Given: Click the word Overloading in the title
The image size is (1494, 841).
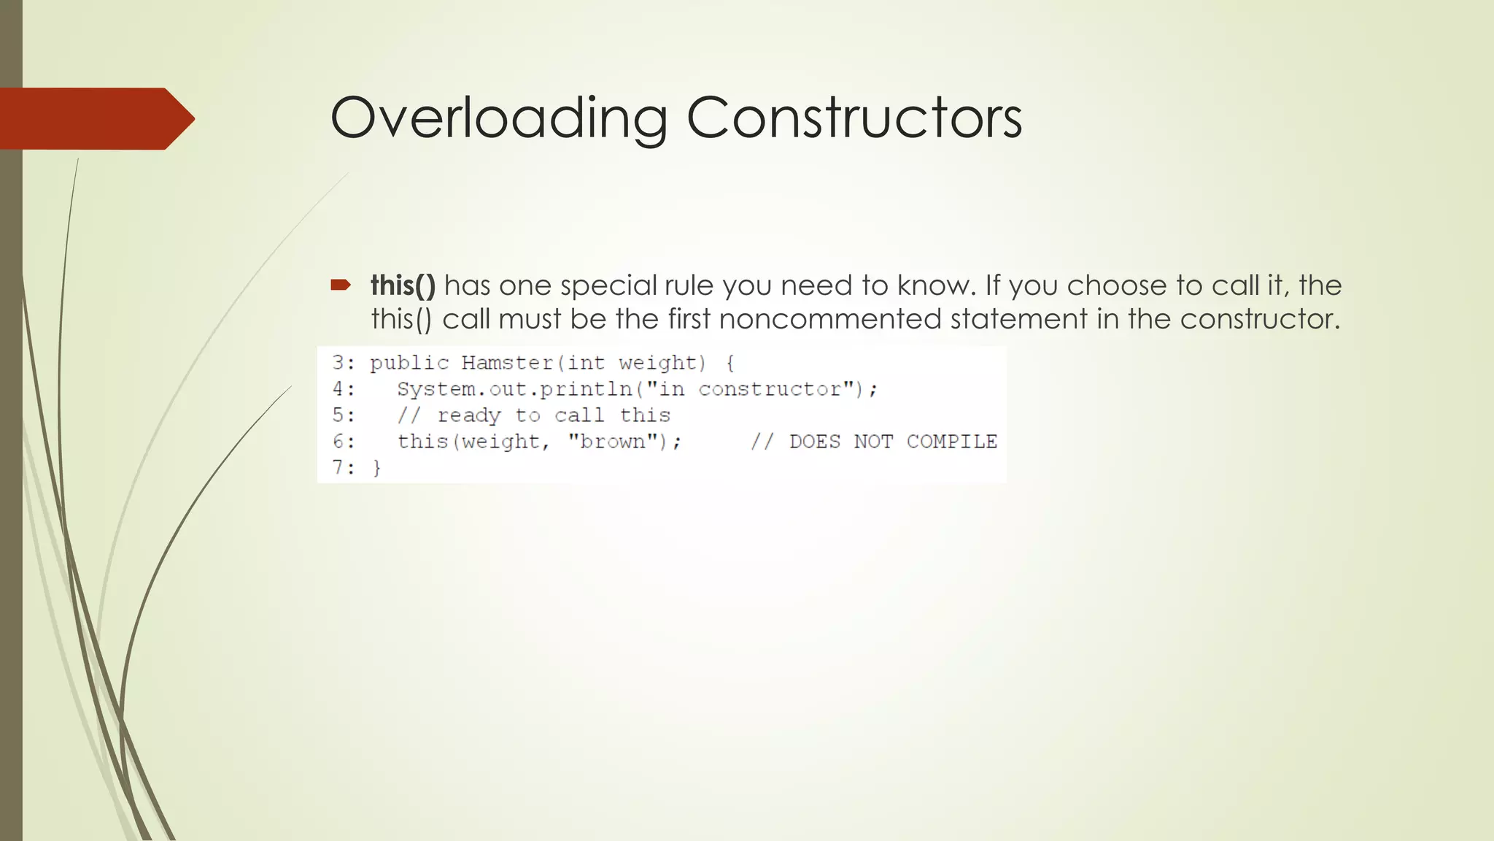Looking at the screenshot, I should [498, 118].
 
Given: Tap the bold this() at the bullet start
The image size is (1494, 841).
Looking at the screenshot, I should [403, 285].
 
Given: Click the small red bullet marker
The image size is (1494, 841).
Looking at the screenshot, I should [341, 285].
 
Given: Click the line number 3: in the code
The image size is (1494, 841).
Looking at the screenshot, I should [344, 363].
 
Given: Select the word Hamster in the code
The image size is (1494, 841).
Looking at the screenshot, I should [507, 363].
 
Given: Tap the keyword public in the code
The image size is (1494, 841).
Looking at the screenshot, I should [409, 363].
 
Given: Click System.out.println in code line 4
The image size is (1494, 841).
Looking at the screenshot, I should [514, 389].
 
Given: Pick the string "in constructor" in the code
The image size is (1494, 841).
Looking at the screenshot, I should [750, 389].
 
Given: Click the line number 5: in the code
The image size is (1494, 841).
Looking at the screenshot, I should [344, 415].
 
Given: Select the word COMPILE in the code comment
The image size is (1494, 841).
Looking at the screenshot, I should [951, 442].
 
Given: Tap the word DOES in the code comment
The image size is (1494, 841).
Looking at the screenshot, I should [815, 442].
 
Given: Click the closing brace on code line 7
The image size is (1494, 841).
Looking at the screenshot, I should [377, 468].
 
